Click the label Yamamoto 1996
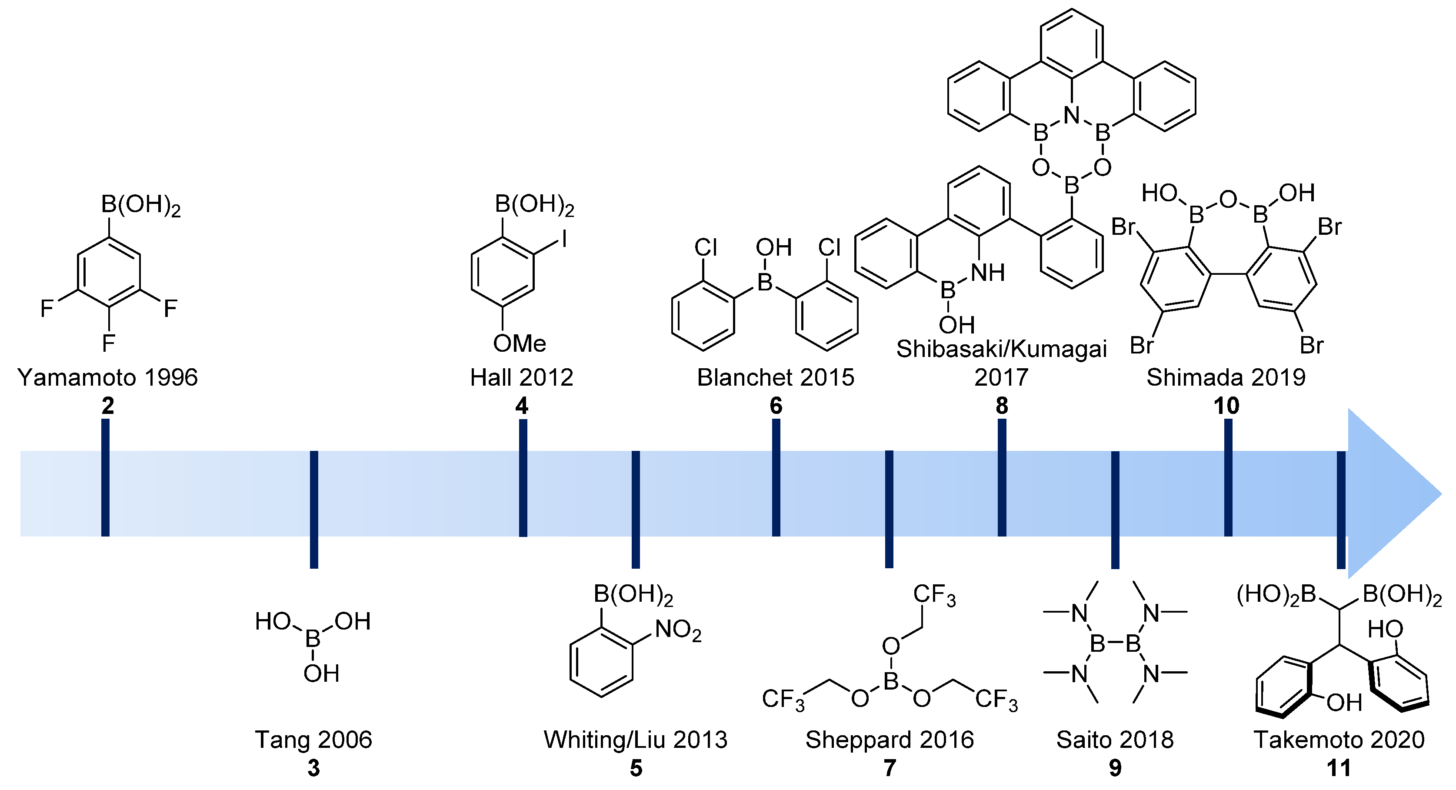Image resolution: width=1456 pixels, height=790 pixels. tap(107, 377)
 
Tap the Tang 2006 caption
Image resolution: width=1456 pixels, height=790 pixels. tap(314, 740)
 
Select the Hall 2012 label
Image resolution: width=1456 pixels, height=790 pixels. tap(522, 377)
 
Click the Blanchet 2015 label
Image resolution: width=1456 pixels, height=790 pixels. tap(776, 377)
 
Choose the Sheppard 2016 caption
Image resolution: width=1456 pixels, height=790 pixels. tap(890, 740)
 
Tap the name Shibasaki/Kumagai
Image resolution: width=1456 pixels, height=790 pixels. tap(1001, 349)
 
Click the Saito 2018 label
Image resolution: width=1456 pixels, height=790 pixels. tap(1115, 740)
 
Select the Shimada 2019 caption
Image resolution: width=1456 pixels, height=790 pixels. tap(1226, 377)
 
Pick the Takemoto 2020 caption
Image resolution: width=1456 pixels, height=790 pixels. tap(1339, 740)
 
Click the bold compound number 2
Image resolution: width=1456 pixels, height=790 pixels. tap(107, 406)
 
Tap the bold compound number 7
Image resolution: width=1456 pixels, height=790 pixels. tap(890, 768)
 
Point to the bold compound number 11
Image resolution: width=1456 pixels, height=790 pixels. tap(1339, 768)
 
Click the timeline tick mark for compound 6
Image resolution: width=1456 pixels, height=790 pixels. tap(776, 477)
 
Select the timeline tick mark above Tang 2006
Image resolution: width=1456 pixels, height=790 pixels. tap(314, 509)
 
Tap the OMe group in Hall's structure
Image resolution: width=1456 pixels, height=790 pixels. tap(520, 343)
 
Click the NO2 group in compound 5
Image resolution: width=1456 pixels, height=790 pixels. tap(678, 630)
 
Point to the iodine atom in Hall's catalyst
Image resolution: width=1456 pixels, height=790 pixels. tap(564, 240)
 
